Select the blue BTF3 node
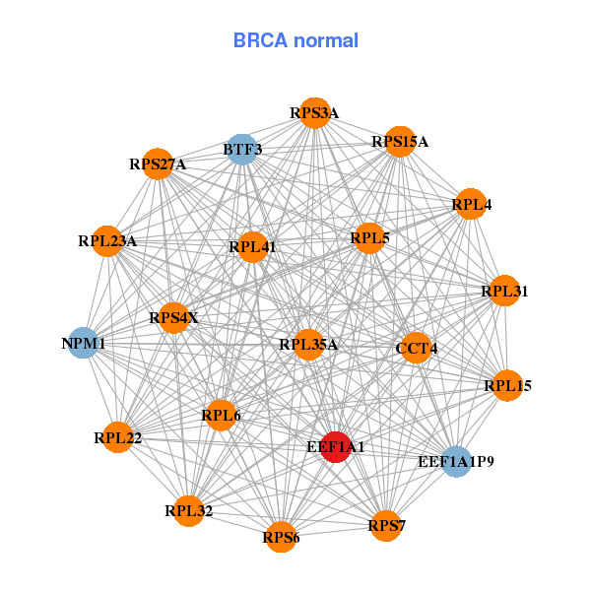click(242, 150)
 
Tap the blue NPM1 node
click(84, 343)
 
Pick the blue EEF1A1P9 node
click(455, 461)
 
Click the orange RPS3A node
click(314, 113)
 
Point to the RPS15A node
click(400, 142)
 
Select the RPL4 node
click(471, 205)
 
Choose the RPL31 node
click(504, 291)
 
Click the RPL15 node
click(506, 385)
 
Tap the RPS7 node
click(387, 525)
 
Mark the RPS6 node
click(282, 537)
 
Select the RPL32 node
click(189, 510)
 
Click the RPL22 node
click(118, 436)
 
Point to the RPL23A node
click(107, 240)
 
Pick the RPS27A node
click(158, 164)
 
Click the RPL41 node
click(252, 247)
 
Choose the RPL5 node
click(369, 237)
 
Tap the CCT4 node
click(417, 348)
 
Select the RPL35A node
click(308, 345)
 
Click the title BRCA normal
click(295, 40)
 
